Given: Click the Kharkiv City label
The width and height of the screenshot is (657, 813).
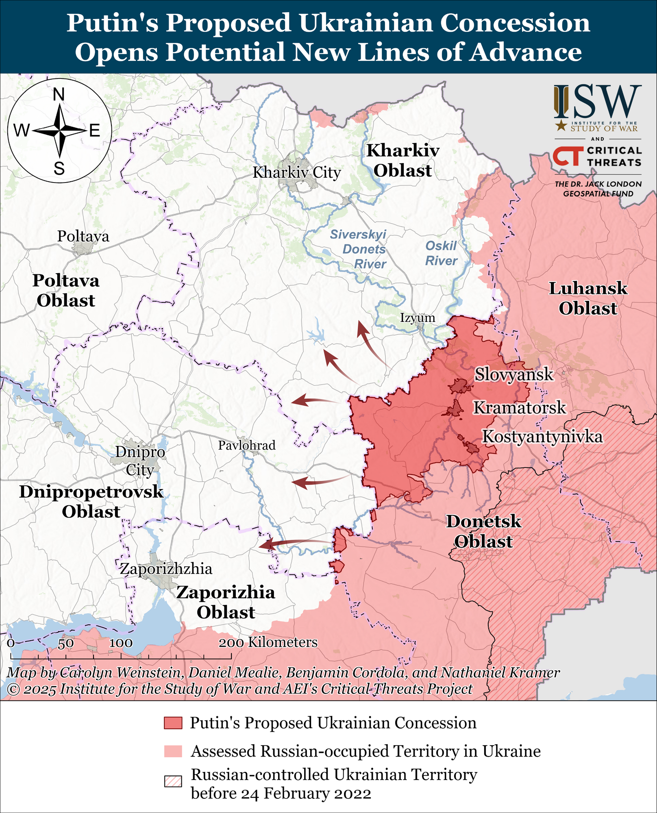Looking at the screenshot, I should click(x=296, y=172).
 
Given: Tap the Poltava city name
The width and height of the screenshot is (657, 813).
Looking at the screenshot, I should click(x=83, y=236).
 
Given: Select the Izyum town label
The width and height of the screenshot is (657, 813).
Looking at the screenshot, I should click(x=417, y=317).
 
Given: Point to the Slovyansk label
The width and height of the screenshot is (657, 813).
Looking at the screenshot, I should click(x=514, y=374).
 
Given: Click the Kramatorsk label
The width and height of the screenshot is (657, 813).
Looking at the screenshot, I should click(x=519, y=407).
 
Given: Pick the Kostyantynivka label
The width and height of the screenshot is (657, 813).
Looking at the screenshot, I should click(x=542, y=437).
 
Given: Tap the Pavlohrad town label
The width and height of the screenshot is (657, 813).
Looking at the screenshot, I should click(x=247, y=445).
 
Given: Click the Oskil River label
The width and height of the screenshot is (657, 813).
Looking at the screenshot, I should click(x=441, y=253).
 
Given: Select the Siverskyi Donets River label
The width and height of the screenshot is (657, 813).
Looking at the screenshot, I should click(x=358, y=249).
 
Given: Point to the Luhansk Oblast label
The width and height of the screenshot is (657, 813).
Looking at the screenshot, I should click(x=588, y=298).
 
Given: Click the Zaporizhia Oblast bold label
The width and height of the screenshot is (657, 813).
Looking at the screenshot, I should click(x=226, y=602).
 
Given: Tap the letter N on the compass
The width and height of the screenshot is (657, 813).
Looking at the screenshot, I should click(x=59, y=95).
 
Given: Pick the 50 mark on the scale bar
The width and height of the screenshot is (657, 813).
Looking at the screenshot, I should click(x=65, y=643).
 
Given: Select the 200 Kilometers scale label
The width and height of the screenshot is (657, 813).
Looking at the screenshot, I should click(x=268, y=642).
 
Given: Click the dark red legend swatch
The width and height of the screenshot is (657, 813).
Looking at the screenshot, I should click(x=173, y=723).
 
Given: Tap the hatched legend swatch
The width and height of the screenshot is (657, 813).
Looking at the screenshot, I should click(x=173, y=781).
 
